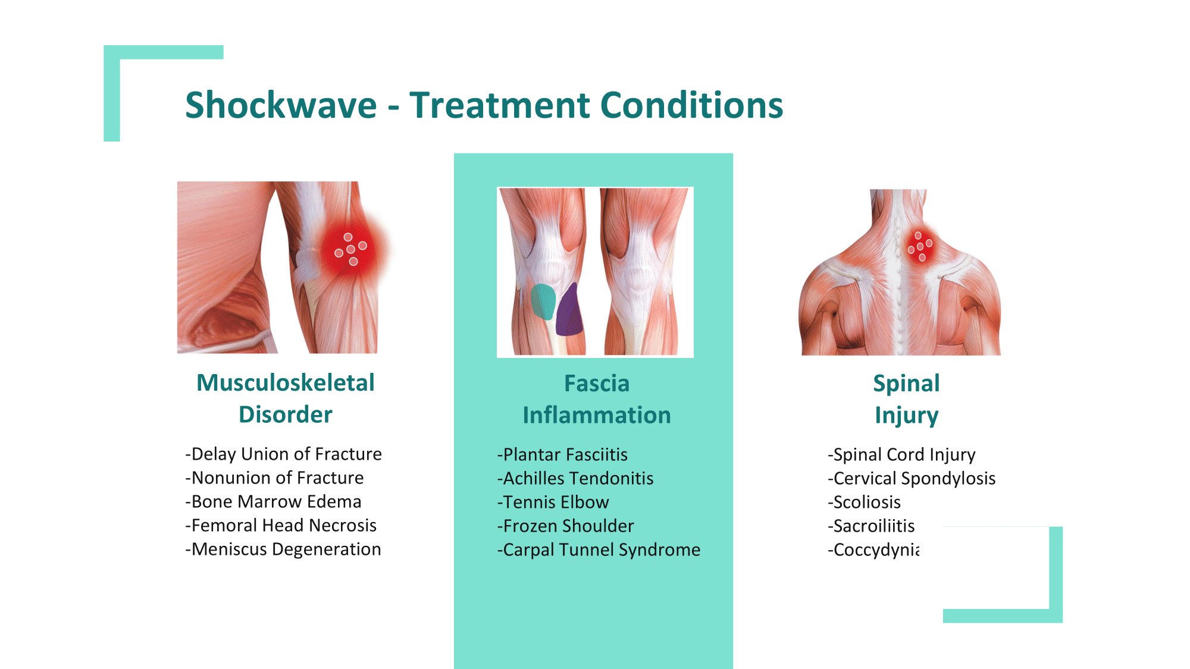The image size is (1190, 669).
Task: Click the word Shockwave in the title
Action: pos(281,105)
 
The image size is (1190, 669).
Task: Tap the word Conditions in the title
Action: pos(691,105)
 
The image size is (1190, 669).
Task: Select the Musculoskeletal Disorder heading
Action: pos(286,398)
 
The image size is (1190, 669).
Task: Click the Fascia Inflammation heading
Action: pos(597,399)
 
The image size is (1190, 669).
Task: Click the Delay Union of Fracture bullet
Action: pos(283,454)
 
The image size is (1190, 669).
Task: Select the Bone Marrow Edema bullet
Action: pos(273,501)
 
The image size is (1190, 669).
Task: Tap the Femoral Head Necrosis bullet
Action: pos(281,525)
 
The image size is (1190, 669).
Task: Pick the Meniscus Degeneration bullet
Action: pos(283,549)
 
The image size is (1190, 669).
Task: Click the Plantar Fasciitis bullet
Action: pos(562,454)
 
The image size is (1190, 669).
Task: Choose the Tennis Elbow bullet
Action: pos(553,502)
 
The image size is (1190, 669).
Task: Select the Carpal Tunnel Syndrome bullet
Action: pos(599,549)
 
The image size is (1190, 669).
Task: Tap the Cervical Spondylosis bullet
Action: pos(912,478)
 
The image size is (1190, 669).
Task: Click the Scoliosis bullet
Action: pos(864,502)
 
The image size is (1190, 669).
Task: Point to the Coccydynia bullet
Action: pos(873,550)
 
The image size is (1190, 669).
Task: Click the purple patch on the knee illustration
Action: pos(569,310)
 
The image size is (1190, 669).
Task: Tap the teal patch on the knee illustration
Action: pos(543,301)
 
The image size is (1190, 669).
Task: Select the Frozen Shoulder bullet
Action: pos(565,526)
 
